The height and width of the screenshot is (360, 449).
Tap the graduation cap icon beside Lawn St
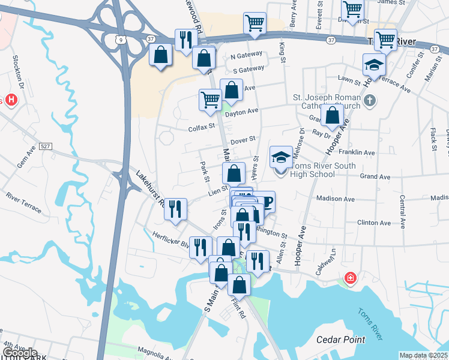pyautogui.click(x=374, y=65)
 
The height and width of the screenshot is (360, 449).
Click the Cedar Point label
pyautogui.click(x=340, y=340)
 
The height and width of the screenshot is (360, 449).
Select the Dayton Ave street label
pyautogui.click(x=242, y=111)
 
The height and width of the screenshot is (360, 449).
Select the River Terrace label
pyautogui.click(x=24, y=202)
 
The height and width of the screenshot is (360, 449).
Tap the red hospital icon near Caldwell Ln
pyautogui.click(x=350, y=278)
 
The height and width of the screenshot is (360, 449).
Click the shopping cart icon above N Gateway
pyautogui.click(x=255, y=23)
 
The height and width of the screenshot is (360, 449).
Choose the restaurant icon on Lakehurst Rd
pyautogui.click(x=175, y=209)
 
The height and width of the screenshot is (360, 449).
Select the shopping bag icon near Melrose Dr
pyautogui.click(x=332, y=115)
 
